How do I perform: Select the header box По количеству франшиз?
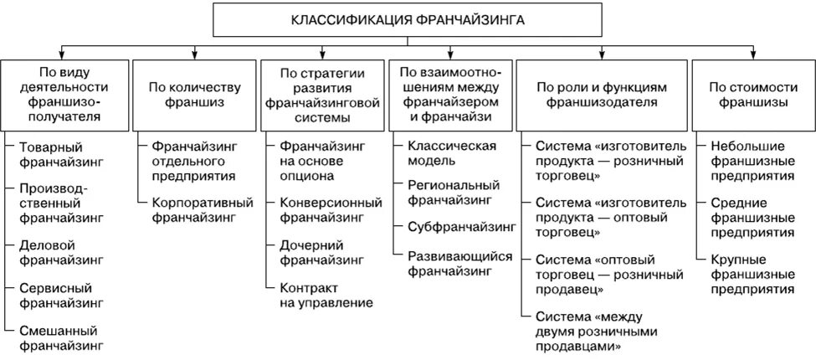tap(194, 95)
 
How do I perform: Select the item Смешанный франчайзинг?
tap(61, 336)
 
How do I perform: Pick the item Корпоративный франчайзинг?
tap(195, 209)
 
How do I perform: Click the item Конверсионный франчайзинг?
tap(322, 209)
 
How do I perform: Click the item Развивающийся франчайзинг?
tap(459, 263)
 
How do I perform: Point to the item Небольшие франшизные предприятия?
tap(752, 161)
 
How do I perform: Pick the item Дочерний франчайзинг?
tap(322, 254)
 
